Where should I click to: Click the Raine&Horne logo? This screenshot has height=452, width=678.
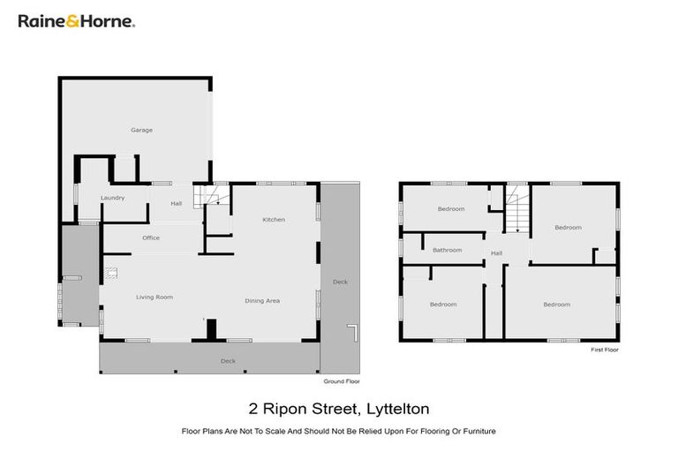[76, 20]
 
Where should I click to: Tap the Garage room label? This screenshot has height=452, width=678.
[141, 130]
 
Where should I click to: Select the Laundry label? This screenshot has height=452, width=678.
[112, 198]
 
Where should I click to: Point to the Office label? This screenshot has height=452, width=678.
[150, 237]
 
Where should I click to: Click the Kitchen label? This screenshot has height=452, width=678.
[273, 219]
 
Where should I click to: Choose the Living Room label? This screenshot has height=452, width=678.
[154, 298]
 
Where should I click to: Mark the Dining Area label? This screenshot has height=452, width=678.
[261, 301]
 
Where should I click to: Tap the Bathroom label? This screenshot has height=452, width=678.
[447, 250]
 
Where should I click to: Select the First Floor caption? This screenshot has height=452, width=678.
[605, 350]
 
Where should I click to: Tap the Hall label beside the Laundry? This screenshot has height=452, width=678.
[176, 204]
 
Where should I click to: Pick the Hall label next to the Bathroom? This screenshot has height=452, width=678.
[496, 254]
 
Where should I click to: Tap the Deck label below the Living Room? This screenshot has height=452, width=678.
[227, 361]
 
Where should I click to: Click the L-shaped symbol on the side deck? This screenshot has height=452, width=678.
[351, 333]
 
